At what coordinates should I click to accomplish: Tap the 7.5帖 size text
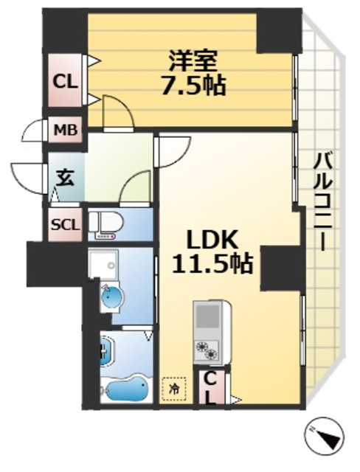click(x=193, y=84)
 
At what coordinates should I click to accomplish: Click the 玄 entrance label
click(x=65, y=176)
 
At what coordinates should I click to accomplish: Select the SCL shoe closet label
click(x=64, y=223)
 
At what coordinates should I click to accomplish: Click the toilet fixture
click(x=107, y=226)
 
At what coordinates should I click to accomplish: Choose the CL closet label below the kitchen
click(x=211, y=387)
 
